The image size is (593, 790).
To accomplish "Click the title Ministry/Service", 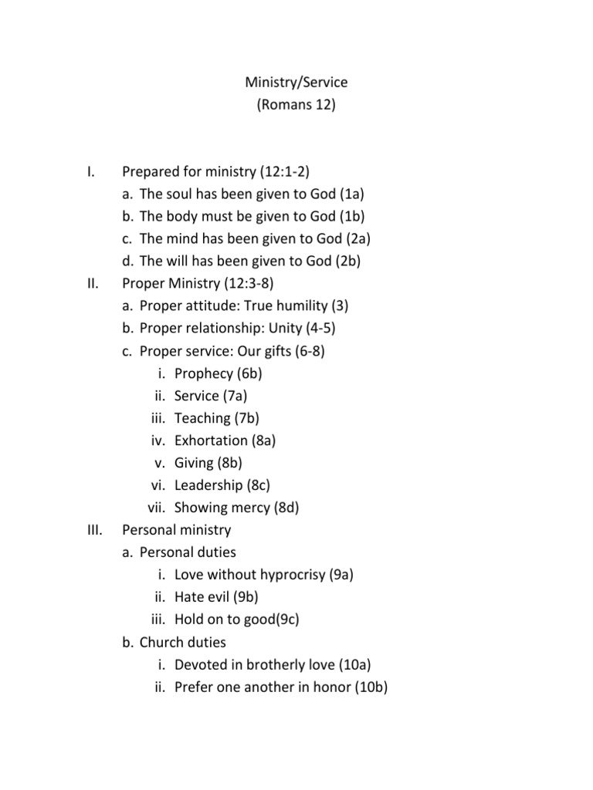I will pos(296,82).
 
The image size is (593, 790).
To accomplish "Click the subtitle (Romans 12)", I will pos(296,104).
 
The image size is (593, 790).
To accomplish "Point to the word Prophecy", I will pos(204,373).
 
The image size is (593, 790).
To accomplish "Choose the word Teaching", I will pos(202,418).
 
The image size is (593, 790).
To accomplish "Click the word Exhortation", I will pos(212,441).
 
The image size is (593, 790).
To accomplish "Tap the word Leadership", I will pos(208,485).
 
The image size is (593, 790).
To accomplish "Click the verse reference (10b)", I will pos(371,687).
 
